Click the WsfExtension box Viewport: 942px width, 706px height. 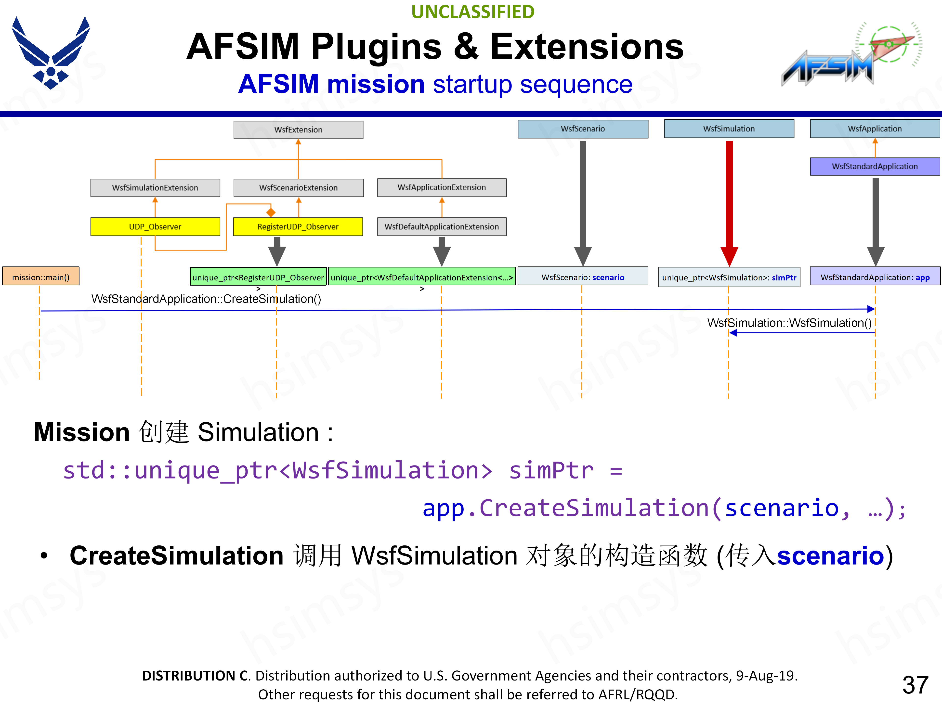pos(298,130)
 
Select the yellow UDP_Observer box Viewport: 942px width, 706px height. pos(155,227)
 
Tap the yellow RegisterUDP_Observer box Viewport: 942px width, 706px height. pos(298,227)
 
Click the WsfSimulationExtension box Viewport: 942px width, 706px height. pos(155,188)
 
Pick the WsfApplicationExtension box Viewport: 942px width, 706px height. pos(442,187)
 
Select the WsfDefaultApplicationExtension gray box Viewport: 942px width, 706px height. pos(442,227)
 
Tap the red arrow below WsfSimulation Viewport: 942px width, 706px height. pos(729,200)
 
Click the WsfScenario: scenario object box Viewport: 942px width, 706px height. pos(583,277)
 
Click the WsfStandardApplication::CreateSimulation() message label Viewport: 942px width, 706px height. pos(206,299)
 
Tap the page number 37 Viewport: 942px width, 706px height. pos(915,685)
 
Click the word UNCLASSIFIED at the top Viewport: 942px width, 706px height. pos(473,12)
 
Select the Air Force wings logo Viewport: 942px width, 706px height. pos(51,53)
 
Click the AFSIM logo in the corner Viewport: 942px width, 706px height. pos(852,55)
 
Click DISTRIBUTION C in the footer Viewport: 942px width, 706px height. pos(196,675)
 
